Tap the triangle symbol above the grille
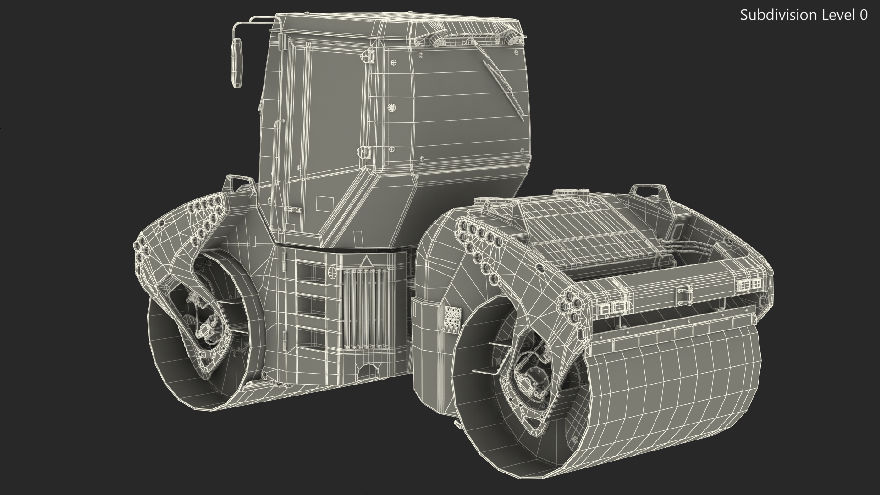click(366, 262)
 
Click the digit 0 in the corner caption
click(863, 15)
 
